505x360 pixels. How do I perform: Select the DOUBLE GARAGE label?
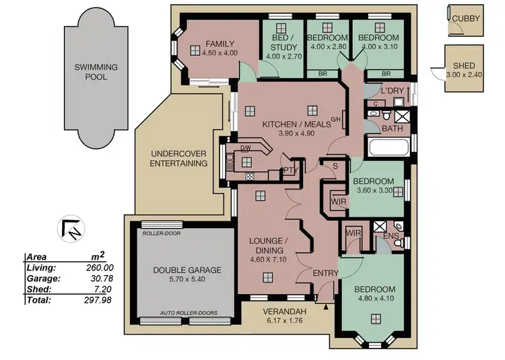[177, 271]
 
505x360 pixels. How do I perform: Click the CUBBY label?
[466, 19]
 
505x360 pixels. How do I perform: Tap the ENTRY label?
[326, 273]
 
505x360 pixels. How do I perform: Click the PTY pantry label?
[290, 171]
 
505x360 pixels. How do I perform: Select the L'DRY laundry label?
[392, 90]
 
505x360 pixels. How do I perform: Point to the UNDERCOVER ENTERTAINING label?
[178, 158]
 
